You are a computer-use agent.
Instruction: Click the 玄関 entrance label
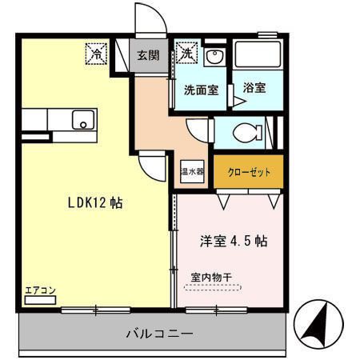[147, 55]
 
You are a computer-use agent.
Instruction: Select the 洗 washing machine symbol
[186, 54]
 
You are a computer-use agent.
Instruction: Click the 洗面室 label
[202, 90]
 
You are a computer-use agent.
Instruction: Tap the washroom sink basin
[214, 58]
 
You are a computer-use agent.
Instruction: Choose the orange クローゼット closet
[249, 171]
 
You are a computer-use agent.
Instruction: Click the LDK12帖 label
[94, 203]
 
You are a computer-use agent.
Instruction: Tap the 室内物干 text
[211, 277]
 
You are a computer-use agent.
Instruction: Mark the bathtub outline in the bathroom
[258, 57]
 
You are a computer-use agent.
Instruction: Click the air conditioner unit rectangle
[39, 300]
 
